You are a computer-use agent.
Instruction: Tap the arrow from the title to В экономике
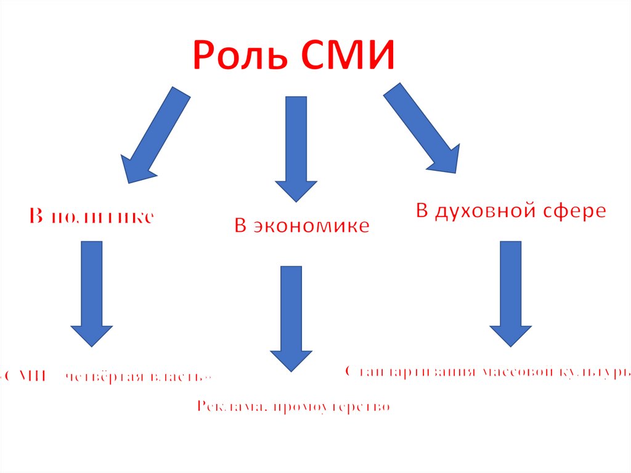(296, 148)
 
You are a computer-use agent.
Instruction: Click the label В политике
(91, 216)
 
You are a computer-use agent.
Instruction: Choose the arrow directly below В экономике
(291, 318)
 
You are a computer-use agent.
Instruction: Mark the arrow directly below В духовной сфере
(511, 293)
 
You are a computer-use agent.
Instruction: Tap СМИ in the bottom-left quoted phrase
(27, 376)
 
